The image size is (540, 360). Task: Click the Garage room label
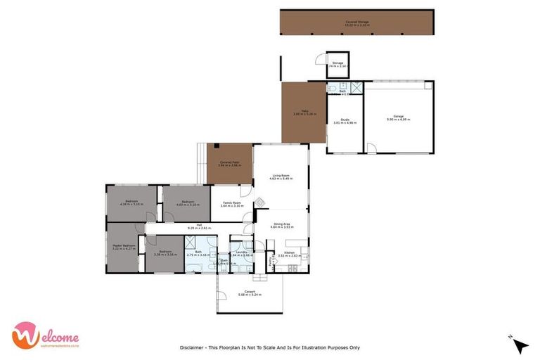pos(398,116)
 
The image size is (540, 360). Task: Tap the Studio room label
pos(345,120)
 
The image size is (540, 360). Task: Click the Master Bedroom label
pos(124,245)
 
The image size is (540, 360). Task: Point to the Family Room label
pos(232,202)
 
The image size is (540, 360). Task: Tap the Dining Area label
pos(281,224)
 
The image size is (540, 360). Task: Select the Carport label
pos(250,292)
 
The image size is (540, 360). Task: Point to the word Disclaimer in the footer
pos(193,347)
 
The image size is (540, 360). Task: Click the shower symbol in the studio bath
pos(356,88)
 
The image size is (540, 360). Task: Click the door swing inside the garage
pos(371,148)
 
